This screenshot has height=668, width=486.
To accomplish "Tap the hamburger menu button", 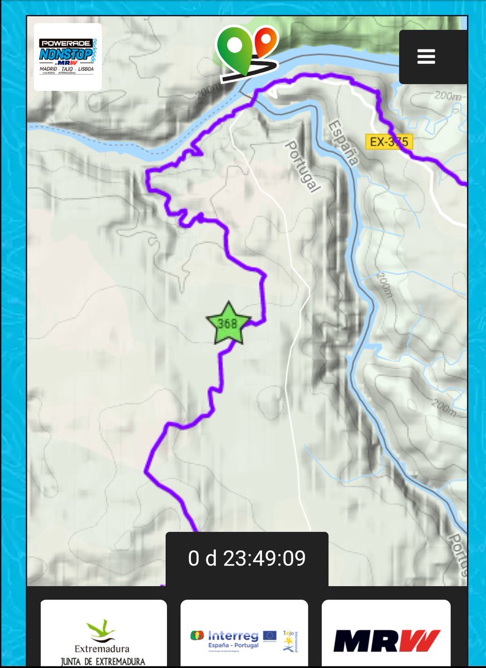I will [426, 57].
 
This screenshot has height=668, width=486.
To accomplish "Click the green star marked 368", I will [228, 323].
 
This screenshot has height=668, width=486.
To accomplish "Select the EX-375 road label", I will [389, 142].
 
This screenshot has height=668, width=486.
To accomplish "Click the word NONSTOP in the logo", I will [66, 55].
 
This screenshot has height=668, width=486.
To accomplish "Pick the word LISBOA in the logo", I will [86, 69].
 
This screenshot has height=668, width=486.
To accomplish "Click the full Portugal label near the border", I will [303, 166].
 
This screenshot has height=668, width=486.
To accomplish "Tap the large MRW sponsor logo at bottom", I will [386, 641].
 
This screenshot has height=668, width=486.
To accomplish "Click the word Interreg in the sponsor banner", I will [233, 636].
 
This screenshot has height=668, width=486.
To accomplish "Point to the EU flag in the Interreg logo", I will [270, 636].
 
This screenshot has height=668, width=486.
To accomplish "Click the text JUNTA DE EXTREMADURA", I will [103, 661].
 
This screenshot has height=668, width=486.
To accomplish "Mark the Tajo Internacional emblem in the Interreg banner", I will [290, 640].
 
